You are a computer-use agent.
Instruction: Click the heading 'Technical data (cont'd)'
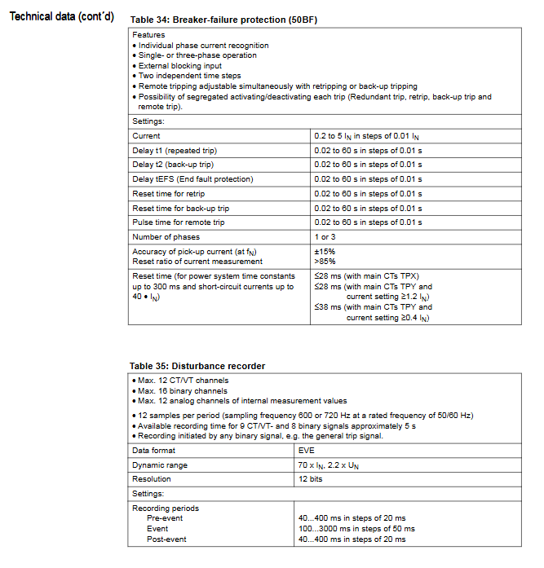tap(61, 17)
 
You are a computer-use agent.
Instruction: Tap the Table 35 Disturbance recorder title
tap(197, 366)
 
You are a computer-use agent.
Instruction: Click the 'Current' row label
tap(147, 136)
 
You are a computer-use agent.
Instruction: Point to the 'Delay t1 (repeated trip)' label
tap(175, 151)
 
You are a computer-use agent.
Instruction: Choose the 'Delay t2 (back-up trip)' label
tap(174, 165)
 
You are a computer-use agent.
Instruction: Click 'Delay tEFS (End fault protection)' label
tap(192, 179)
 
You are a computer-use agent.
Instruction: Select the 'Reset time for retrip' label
tap(168, 194)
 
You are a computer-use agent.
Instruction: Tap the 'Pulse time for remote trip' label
tap(178, 222)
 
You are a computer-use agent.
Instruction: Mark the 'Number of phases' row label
tap(165, 237)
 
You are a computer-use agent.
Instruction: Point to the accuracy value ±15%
tap(325, 252)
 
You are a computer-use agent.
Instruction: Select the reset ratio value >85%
tap(325, 261)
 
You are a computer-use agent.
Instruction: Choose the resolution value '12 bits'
tap(312, 479)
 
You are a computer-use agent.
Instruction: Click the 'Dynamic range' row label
tap(160, 465)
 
